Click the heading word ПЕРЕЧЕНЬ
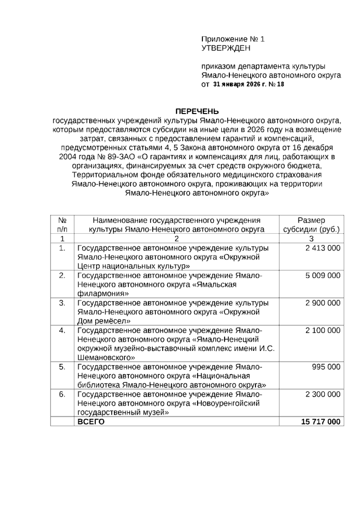197,112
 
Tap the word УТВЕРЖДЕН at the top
226,48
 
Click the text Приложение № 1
233,39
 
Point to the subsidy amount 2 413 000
323,248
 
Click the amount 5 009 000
323,276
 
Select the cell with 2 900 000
323,303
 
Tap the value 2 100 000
323,330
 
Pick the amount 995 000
326,367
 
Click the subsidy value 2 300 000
323,394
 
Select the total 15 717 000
321,422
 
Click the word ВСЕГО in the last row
91,422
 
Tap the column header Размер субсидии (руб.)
311,225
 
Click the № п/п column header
62,225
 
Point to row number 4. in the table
62,330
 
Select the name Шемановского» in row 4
106,357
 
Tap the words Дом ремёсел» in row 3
104,321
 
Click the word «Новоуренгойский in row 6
226,403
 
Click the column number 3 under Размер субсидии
311,239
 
